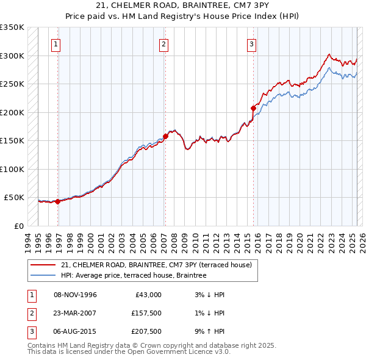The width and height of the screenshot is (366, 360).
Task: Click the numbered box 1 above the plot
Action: [56, 43]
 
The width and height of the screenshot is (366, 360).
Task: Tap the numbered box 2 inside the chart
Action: [164, 43]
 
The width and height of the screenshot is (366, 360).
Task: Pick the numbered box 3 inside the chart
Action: [251, 43]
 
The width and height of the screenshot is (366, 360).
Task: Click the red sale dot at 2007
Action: [165, 137]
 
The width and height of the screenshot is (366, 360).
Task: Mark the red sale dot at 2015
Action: [253, 108]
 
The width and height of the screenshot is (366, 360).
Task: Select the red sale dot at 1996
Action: [57, 201]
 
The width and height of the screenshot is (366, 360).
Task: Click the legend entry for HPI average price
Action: [134, 275]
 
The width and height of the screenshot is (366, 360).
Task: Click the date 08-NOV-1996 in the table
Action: [75, 295]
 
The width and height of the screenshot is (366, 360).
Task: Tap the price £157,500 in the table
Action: [146, 313]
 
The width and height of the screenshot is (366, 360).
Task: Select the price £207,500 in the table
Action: [146, 331]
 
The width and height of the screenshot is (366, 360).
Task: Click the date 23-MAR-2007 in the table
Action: [75, 313]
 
